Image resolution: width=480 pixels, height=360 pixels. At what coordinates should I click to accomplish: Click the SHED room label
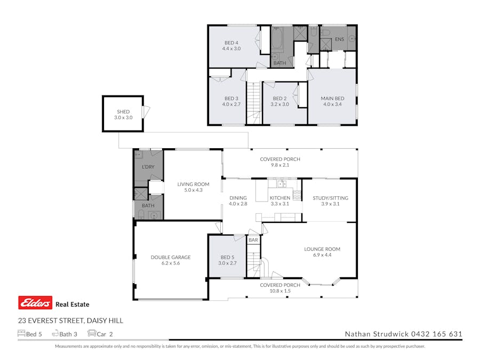123,111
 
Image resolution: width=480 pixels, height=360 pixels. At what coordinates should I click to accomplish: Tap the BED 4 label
231,43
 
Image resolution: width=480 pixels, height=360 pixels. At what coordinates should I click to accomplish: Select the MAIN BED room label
332,99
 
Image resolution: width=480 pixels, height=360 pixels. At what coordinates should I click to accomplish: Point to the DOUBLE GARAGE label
170,257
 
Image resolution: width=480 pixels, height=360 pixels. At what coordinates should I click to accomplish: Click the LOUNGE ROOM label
322,249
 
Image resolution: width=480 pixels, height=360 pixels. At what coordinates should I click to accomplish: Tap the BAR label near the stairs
253,241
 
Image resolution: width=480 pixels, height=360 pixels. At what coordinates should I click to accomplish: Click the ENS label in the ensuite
339,39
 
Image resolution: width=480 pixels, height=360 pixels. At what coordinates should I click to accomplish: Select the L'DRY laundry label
148,167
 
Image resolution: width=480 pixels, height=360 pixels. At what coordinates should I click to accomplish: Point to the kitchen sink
281,185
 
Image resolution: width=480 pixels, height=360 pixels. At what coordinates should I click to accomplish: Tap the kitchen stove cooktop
297,195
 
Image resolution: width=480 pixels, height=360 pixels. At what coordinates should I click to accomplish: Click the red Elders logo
35,303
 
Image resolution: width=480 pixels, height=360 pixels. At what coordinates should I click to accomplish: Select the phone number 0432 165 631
436,334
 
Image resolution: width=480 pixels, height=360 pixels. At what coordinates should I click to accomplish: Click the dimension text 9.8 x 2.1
280,165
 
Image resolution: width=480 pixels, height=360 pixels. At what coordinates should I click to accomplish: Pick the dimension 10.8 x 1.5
280,291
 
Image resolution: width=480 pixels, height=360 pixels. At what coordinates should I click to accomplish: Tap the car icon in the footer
92,334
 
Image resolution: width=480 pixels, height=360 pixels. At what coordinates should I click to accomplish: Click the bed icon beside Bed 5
21,334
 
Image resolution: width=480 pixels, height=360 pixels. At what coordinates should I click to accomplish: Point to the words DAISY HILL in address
105,321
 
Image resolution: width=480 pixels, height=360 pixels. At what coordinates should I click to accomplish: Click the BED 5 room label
227,257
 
